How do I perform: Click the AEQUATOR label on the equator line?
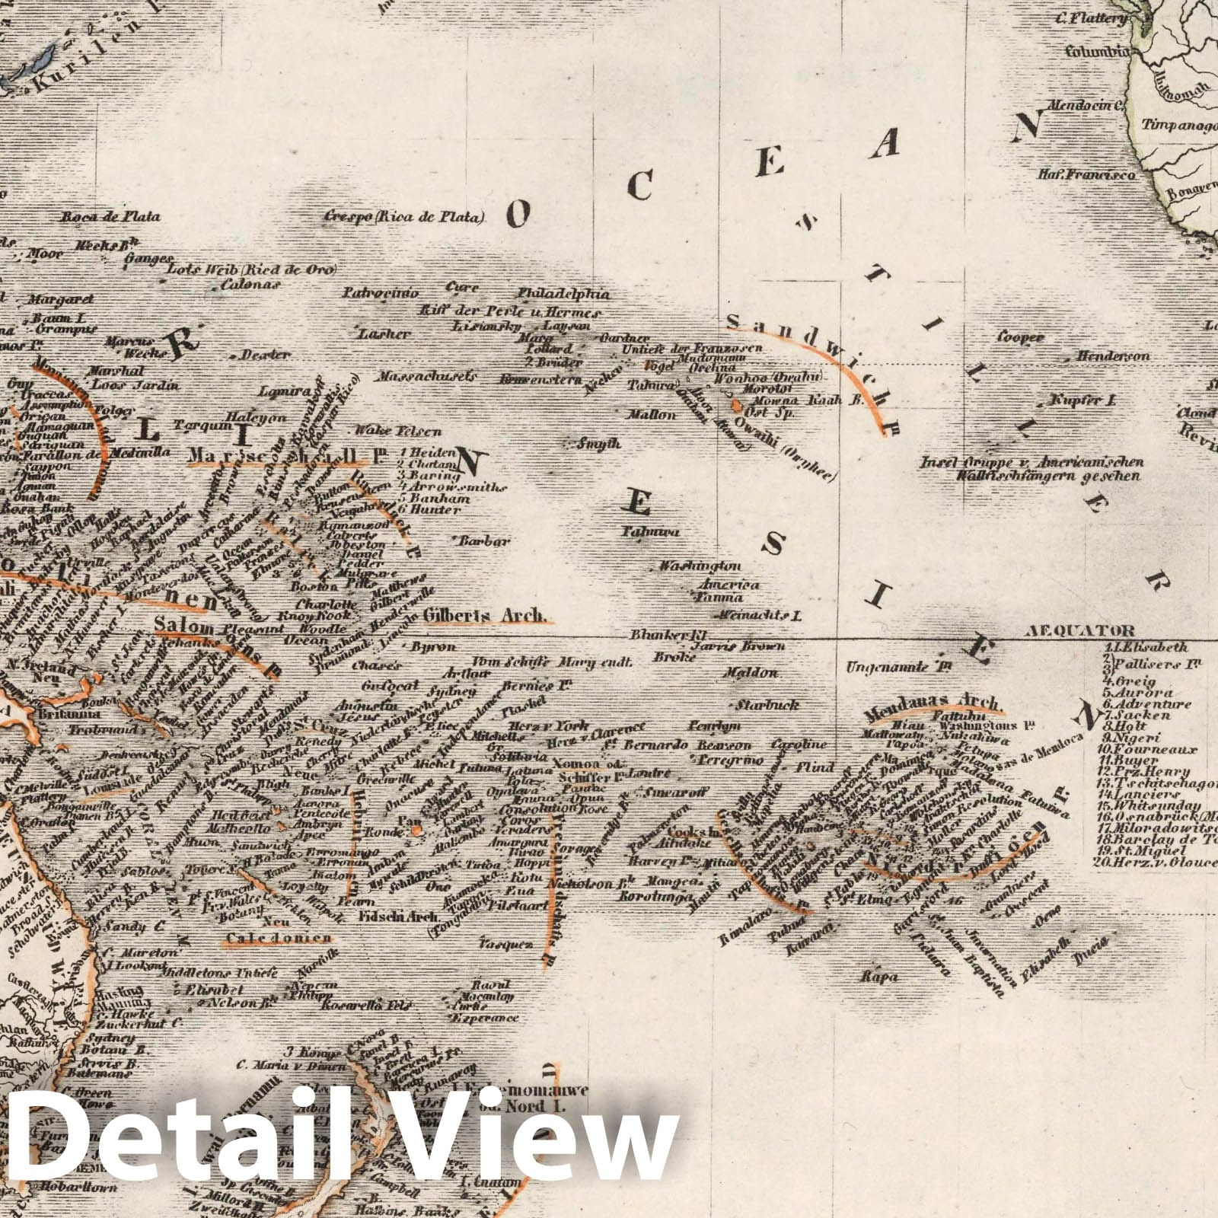tap(1079, 630)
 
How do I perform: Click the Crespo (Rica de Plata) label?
tap(404, 217)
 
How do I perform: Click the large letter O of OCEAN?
tap(518, 217)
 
